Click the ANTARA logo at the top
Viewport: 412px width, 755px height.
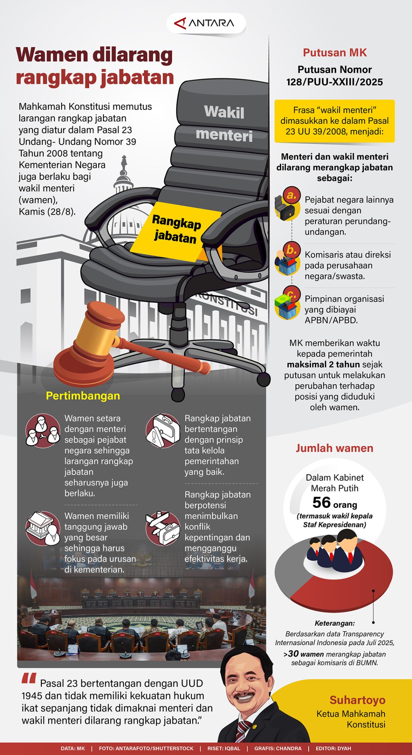click(x=205, y=23)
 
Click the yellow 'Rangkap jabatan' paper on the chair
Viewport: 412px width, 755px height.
click(x=176, y=230)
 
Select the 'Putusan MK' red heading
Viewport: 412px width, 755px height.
click(x=335, y=53)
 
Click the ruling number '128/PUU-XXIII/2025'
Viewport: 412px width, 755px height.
click(x=335, y=82)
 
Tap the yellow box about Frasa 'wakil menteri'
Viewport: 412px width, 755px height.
click(x=335, y=121)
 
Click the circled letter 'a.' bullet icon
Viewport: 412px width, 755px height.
click(x=291, y=195)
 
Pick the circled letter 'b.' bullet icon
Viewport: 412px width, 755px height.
click(x=291, y=250)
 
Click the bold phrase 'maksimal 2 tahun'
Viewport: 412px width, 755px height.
click(x=323, y=364)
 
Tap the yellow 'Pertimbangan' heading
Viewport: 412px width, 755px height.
click(x=83, y=396)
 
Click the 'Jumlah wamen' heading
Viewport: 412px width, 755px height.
click(x=335, y=448)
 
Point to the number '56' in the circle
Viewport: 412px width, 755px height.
click(x=322, y=503)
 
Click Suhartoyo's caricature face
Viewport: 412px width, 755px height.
click(x=244, y=690)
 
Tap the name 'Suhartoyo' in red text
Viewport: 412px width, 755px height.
click(x=357, y=700)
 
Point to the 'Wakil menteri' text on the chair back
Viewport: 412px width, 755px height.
click(x=224, y=123)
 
